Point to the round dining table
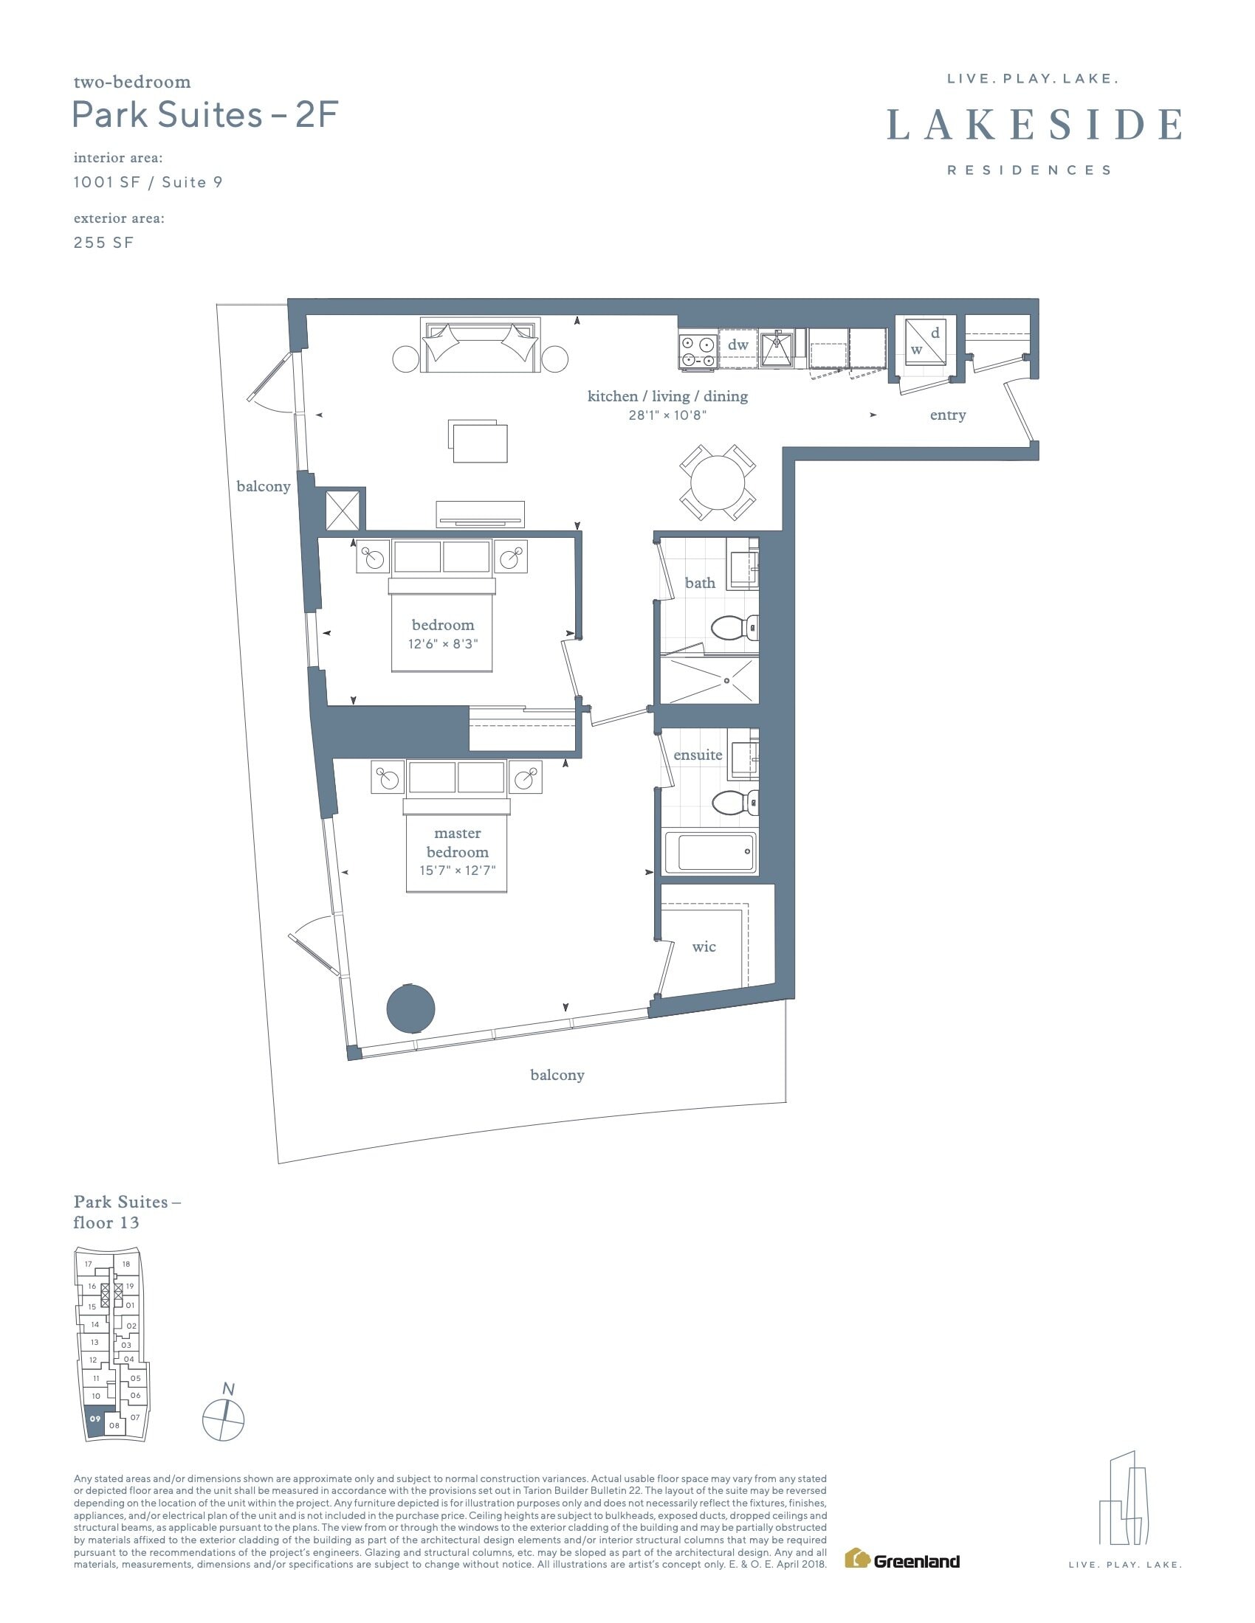point(718,482)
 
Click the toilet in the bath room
point(735,628)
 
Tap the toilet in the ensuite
point(735,802)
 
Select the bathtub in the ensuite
point(709,851)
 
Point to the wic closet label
point(704,946)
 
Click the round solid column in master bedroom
point(410,1008)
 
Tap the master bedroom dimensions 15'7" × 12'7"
point(457,871)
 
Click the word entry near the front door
point(948,415)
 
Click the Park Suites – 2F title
point(206,116)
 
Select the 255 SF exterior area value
point(103,242)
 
